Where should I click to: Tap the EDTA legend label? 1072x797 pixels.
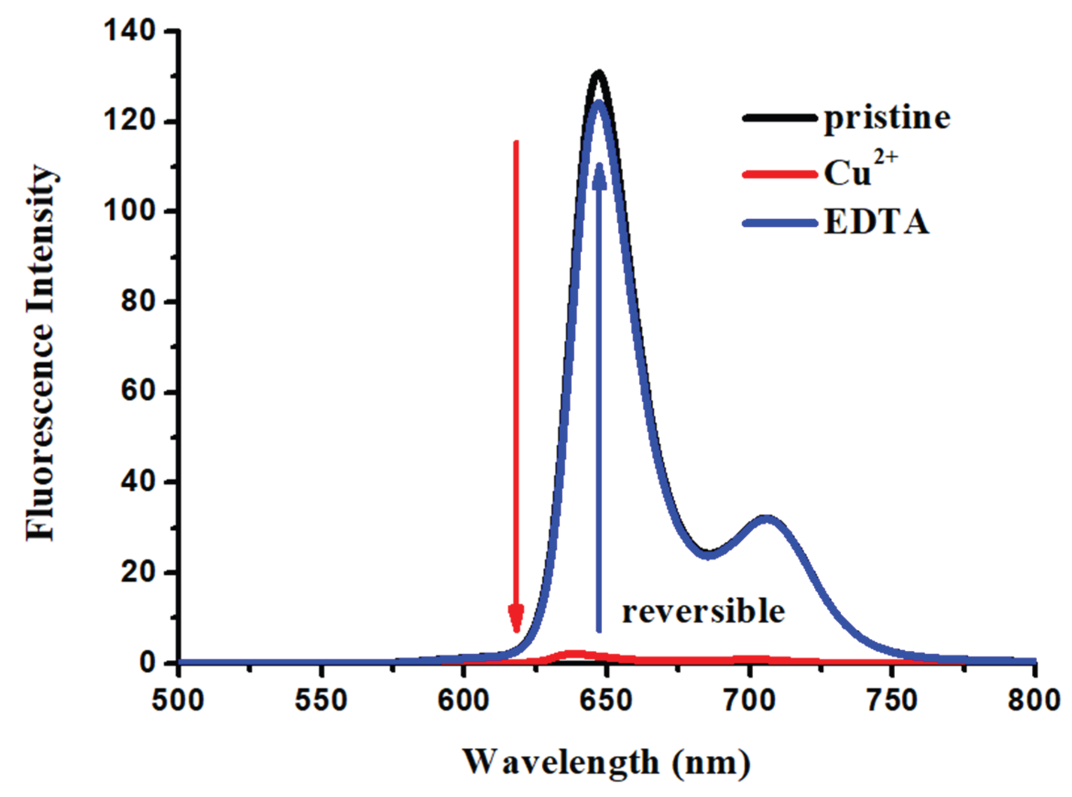876,222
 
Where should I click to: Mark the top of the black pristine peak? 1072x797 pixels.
599,72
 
